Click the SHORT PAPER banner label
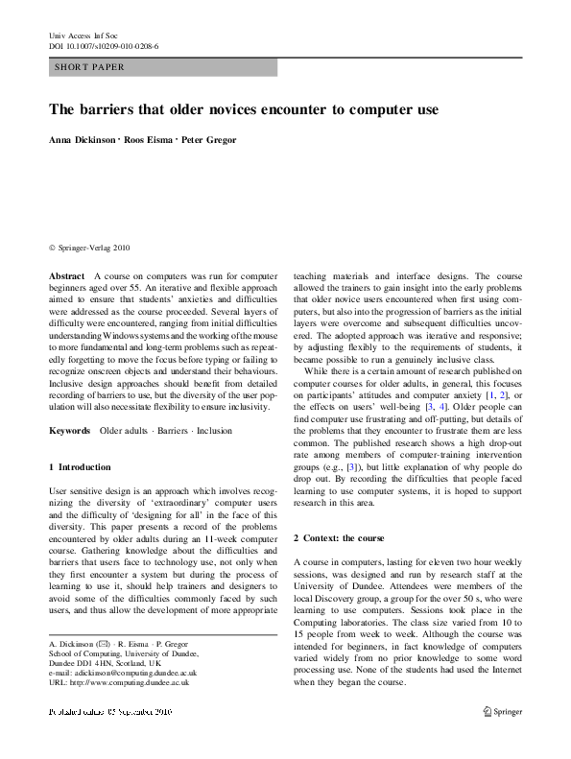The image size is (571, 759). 90,67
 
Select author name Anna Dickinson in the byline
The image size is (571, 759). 83,140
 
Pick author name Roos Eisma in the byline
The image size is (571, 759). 147,140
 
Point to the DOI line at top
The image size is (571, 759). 104,45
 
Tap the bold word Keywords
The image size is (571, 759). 70,431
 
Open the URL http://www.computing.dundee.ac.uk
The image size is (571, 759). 120,683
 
